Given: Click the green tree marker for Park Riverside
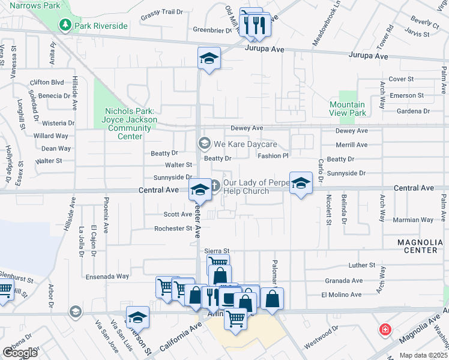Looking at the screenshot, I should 65,26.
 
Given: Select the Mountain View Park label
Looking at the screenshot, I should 348,109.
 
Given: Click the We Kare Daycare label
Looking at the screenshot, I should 246,144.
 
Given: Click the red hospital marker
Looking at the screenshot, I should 384,330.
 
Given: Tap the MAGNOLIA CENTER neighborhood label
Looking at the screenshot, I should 423,246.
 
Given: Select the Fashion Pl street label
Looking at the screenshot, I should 273,156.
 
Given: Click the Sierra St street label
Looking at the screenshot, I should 217,251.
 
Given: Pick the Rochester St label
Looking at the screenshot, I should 173,229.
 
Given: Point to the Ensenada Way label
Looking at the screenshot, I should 107,277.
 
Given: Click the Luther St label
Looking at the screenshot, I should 362,265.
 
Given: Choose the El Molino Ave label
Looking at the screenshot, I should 342,295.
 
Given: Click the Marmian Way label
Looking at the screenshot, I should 412,220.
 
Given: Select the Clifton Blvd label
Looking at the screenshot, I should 47,82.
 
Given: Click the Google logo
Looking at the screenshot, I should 20,353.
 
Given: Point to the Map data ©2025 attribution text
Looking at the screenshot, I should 423,355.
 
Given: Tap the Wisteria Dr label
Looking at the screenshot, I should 58,123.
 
